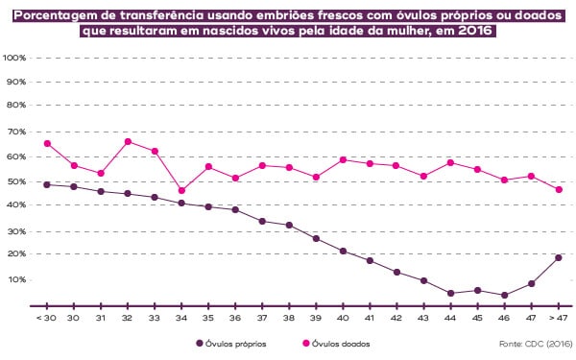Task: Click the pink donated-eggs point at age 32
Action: pos(128,141)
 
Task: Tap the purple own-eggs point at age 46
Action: pos(504,296)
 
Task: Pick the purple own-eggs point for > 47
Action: pos(558,257)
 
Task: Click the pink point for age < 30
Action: pos(47,144)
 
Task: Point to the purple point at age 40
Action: pos(343,252)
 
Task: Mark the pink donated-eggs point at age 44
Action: pos(450,163)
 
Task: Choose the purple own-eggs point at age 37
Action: pos(262,222)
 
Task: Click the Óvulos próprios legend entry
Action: pos(231,343)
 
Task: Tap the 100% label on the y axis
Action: pos(14,58)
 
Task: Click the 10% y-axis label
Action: pos(16,279)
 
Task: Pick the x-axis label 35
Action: pos(208,317)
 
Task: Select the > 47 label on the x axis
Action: pos(558,317)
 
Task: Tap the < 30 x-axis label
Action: pos(46,317)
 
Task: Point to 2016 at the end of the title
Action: pos(479,30)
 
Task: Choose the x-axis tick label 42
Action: pos(396,317)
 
